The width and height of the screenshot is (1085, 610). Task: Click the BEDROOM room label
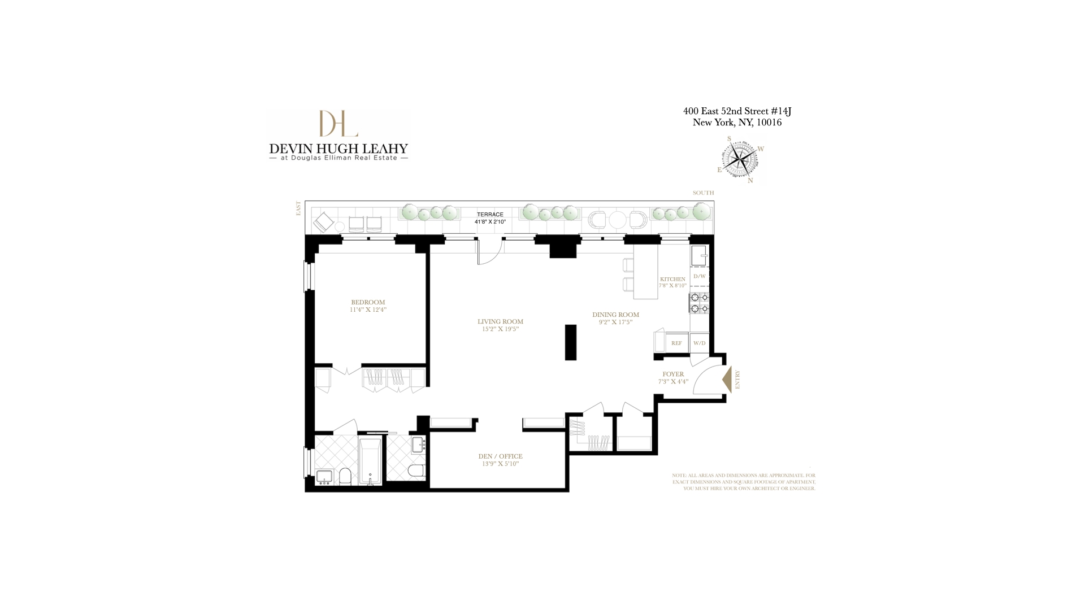pos(368,302)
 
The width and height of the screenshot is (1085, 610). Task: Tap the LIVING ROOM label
pos(500,321)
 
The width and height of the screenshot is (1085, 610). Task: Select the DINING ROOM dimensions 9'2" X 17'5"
pos(615,323)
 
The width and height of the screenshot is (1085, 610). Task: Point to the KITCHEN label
pos(672,279)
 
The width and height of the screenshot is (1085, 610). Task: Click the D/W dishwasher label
pos(700,276)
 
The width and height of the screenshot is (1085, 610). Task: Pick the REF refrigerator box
pos(676,343)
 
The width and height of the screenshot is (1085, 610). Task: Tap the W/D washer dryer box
pos(700,343)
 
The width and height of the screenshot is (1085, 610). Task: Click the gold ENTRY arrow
pos(727,380)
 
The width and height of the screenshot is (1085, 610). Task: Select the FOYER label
pos(673,374)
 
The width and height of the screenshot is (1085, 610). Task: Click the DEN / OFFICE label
pos(500,456)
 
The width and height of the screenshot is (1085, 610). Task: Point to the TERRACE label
pos(490,215)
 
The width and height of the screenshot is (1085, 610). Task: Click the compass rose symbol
pos(739,160)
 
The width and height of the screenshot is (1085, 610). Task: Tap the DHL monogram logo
pos(338,123)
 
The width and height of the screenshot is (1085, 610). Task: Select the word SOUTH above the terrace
pos(703,193)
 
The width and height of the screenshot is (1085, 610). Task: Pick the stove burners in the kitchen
pos(699,303)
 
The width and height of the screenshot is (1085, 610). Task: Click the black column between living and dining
pos(571,342)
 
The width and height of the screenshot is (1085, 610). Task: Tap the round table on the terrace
pos(618,219)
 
